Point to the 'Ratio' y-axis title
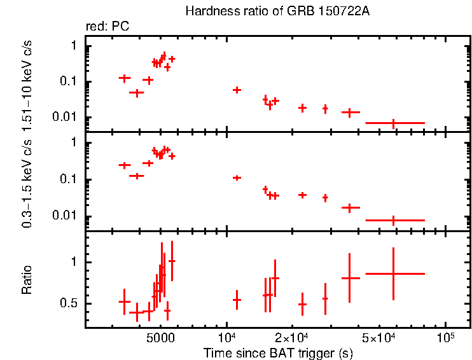27,280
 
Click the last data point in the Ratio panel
394,273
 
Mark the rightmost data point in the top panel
394,123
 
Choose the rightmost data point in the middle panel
394,220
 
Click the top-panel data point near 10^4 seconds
237,90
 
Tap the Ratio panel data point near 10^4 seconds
237,299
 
